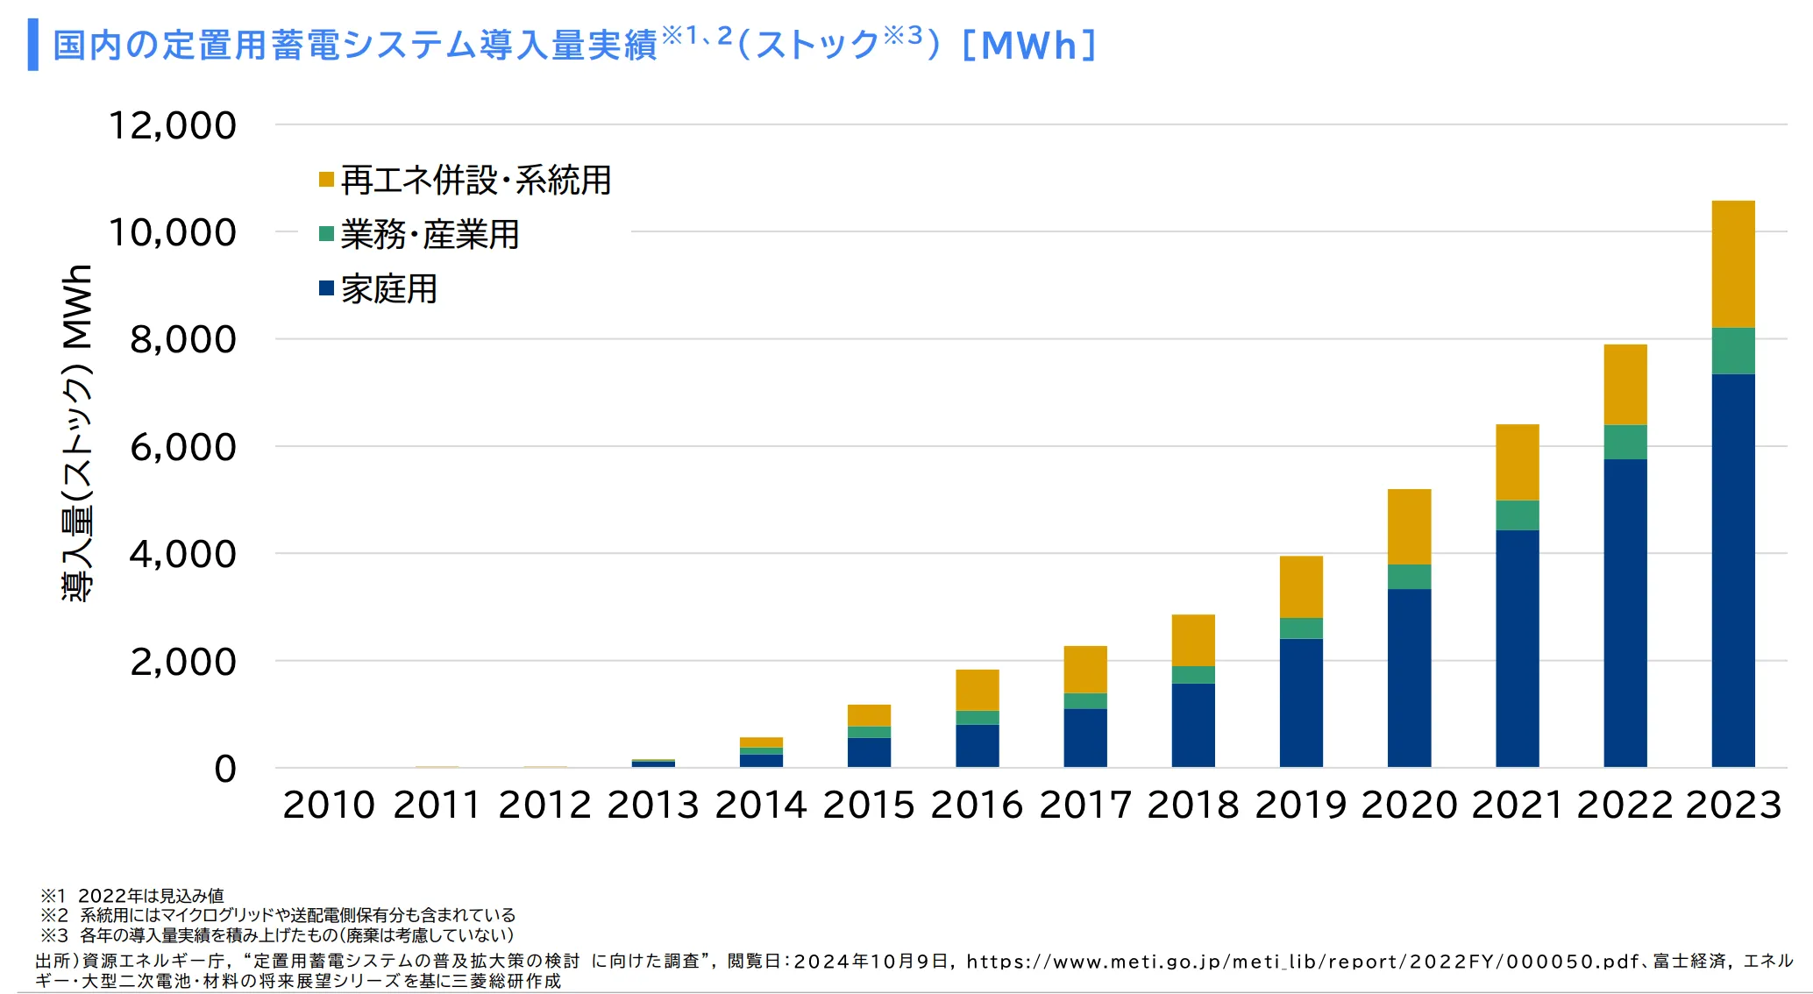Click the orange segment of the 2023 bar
coord(1733,264)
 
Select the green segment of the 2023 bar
coord(1733,351)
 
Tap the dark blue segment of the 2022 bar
coord(1625,613)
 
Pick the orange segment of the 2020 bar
coord(1409,526)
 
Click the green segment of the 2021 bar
coord(1517,515)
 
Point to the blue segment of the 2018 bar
coord(1193,725)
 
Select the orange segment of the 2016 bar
coord(977,690)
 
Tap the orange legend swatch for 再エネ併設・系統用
coord(326,180)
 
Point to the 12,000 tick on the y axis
coord(172,125)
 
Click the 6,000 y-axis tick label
coord(182,447)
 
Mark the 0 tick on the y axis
coord(225,769)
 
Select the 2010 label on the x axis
coord(329,805)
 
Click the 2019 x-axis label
coord(1301,805)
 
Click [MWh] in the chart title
coord(1029,46)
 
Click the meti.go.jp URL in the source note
coord(1302,962)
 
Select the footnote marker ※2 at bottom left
coord(53,915)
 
